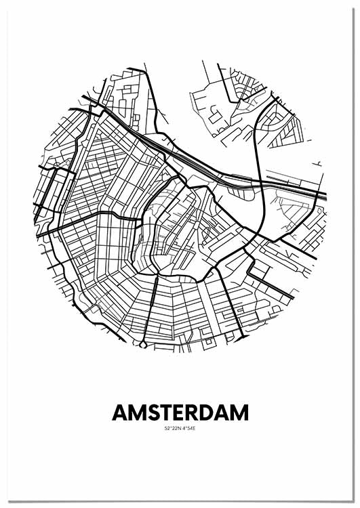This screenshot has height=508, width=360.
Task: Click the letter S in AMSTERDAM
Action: coord(146,412)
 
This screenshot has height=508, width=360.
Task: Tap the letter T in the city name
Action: coord(160,412)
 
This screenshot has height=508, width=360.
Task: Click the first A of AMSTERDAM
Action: coord(118,412)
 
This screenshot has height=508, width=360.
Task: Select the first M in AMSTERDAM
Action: coord(133,412)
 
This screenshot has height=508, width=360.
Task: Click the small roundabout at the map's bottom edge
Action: coord(143,345)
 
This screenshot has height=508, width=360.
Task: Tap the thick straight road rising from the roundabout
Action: coord(150,312)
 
